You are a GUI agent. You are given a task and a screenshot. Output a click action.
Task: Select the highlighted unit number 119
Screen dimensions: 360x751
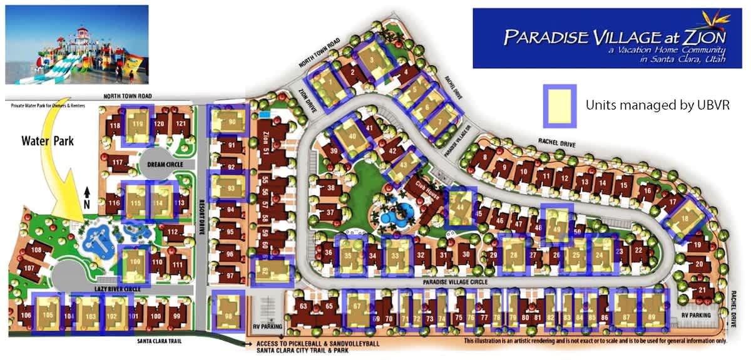pos(137,124)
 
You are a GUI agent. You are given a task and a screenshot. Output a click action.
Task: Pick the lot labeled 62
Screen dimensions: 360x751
pos(271,272)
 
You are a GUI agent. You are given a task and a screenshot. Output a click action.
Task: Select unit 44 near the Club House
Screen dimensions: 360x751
pos(461,206)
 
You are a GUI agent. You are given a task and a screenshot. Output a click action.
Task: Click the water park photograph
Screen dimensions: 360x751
pos(77,44)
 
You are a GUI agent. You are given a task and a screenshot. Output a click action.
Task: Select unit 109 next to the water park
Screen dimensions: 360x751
pos(135,262)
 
